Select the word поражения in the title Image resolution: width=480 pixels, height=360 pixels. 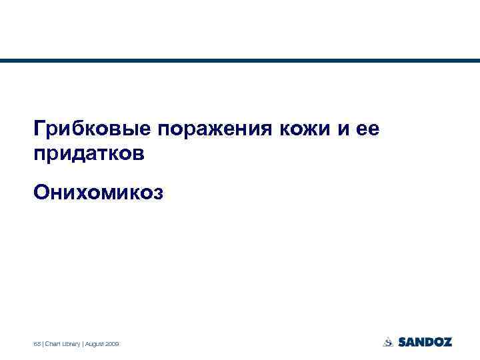pos(211,128)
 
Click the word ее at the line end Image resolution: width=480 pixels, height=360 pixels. pos(367,128)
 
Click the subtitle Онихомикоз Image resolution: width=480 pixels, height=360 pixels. pos(97,192)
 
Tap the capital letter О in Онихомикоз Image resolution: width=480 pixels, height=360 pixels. pos(41,192)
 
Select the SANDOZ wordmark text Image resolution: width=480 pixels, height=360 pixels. pos(425,342)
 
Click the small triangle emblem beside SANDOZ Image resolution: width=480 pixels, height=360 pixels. pos(388,342)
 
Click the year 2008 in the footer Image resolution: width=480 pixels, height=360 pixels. pos(112,343)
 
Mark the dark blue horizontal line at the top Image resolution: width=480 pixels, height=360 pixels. pos(240,61)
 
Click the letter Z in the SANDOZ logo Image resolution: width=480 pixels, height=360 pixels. pos(447,342)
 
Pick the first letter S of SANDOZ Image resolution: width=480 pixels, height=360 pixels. pos(403,342)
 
